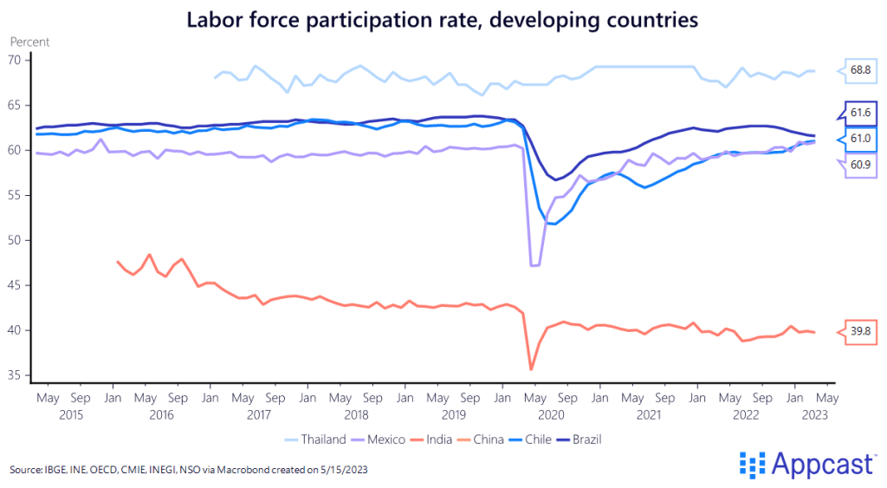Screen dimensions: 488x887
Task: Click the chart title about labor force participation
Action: (x=443, y=20)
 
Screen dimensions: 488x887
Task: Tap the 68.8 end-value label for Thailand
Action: (x=859, y=69)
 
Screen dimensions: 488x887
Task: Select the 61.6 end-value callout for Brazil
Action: (x=859, y=113)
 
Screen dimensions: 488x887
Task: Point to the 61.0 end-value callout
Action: (x=859, y=139)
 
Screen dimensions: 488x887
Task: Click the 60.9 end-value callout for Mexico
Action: (x=859, y=165)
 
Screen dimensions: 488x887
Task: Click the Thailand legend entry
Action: (x=324, y=439)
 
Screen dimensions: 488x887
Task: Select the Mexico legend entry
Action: (x=385, y=439)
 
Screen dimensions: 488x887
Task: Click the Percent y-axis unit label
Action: (x=29, y=41)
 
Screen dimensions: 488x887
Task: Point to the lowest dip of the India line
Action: (x=531, y=369)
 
